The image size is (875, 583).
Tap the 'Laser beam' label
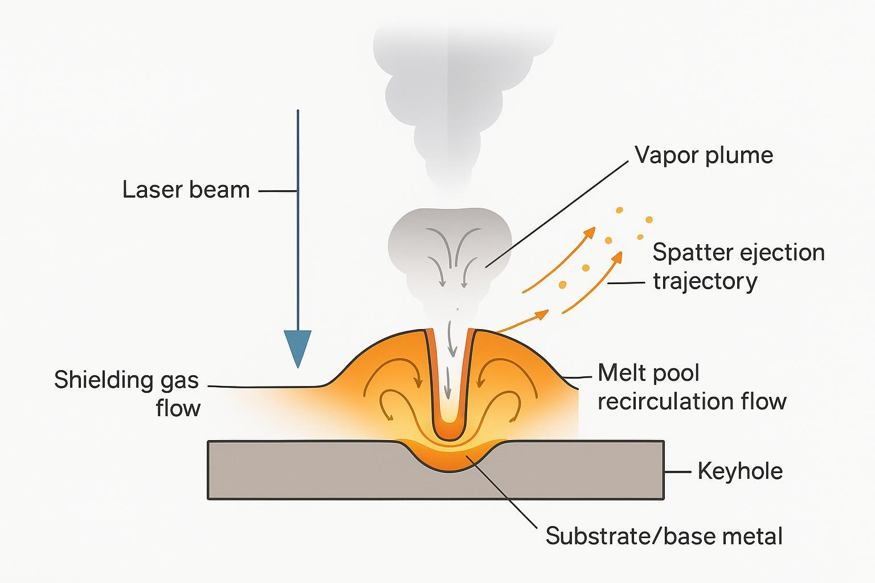186,190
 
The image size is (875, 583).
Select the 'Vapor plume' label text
704,155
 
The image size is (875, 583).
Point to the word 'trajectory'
705,281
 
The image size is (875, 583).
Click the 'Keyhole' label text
740,471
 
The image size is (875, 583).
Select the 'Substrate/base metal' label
664,536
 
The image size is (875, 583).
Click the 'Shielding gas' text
126,380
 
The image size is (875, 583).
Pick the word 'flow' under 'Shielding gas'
178,408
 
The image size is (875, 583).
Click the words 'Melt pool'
648,373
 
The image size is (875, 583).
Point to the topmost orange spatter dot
620,211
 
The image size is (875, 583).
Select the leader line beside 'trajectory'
627,282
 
